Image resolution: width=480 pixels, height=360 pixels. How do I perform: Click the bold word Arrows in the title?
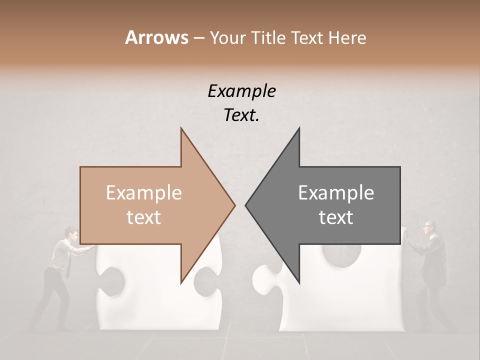coord(156,37)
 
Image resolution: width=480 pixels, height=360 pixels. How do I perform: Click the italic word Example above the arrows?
coord(242,91)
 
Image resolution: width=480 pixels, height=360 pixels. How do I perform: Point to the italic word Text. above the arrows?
coord(242,115)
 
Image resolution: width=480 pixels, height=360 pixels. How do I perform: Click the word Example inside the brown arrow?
coord(144,192)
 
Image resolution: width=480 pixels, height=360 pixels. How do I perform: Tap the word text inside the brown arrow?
coord(144,217)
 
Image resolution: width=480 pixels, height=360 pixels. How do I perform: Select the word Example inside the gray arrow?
coord(336,192)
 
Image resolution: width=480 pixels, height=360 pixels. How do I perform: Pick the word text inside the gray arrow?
coord(336,217)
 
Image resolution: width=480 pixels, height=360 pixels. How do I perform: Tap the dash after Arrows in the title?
coord(198,38)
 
